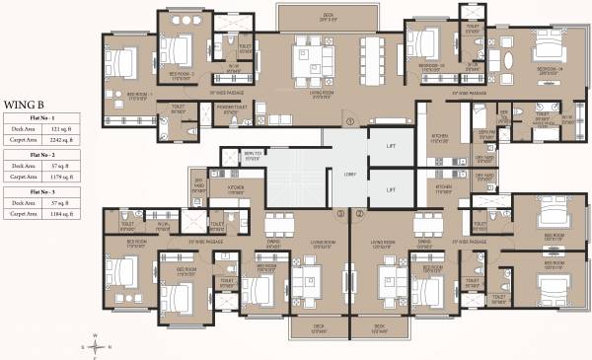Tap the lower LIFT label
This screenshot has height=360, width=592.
[x=391, y=188]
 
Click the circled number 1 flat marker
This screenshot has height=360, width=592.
[x=349, y=122]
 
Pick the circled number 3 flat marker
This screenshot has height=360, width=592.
[x=339, y=212]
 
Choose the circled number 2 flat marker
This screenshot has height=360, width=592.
[x=359, y=212]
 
